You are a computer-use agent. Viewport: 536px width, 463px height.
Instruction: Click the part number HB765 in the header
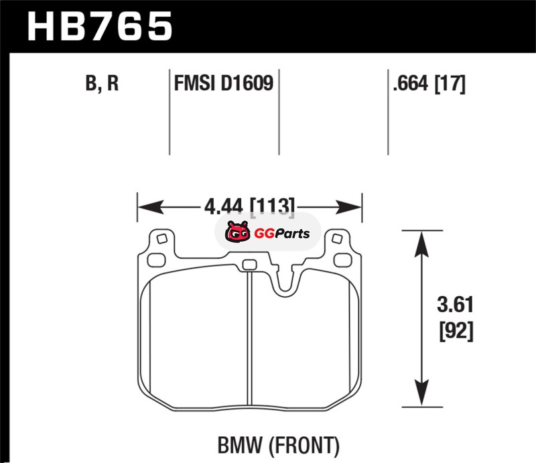(x=98, y=27)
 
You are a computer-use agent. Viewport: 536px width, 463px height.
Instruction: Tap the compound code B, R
(x=103, y=84)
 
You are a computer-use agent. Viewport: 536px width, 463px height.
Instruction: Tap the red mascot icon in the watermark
(x=236, y=234)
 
